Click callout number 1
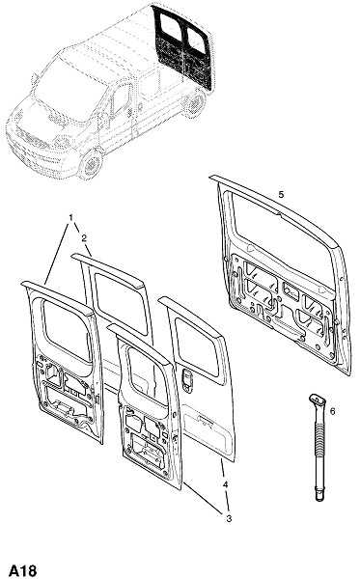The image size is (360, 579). click(x=70, y=217)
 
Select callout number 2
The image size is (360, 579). click(x=84, y=238)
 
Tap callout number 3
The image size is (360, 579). click(x=229, y=518)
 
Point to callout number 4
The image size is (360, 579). click(x=226, y=484)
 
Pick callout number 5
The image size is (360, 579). click(x=282, y=194)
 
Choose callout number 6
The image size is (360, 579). click(x=332, y=411)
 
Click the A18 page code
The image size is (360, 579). click(x=23, y=570)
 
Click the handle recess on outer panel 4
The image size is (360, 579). click(x=187, y=380)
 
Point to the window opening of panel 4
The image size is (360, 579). click(x=197, y=346)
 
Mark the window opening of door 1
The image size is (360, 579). click(x=68, y=330)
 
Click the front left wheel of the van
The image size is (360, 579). click(x=91, y=165)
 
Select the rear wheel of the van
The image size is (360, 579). click(x=195, y=103)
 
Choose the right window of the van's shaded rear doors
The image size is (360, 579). click(x=196, y=39)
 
